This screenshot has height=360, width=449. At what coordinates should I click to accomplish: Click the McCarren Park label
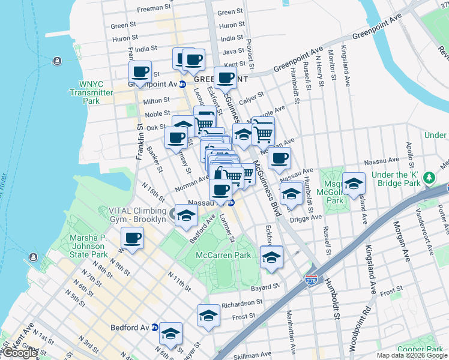pos(223,255)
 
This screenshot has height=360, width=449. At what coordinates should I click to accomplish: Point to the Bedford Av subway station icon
pos(155,328)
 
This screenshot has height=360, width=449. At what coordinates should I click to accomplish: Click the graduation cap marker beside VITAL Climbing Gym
pos(186,215)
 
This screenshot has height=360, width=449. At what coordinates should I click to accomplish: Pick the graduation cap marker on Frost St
pos(208,315)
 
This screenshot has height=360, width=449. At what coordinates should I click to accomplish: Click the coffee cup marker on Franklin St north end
pos(140,73)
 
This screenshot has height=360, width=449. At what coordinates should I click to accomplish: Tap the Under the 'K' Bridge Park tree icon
pos(429,178)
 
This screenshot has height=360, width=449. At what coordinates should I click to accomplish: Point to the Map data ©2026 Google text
pos(411,355)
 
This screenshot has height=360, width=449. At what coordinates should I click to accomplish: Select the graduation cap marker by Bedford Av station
pos(170,333)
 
